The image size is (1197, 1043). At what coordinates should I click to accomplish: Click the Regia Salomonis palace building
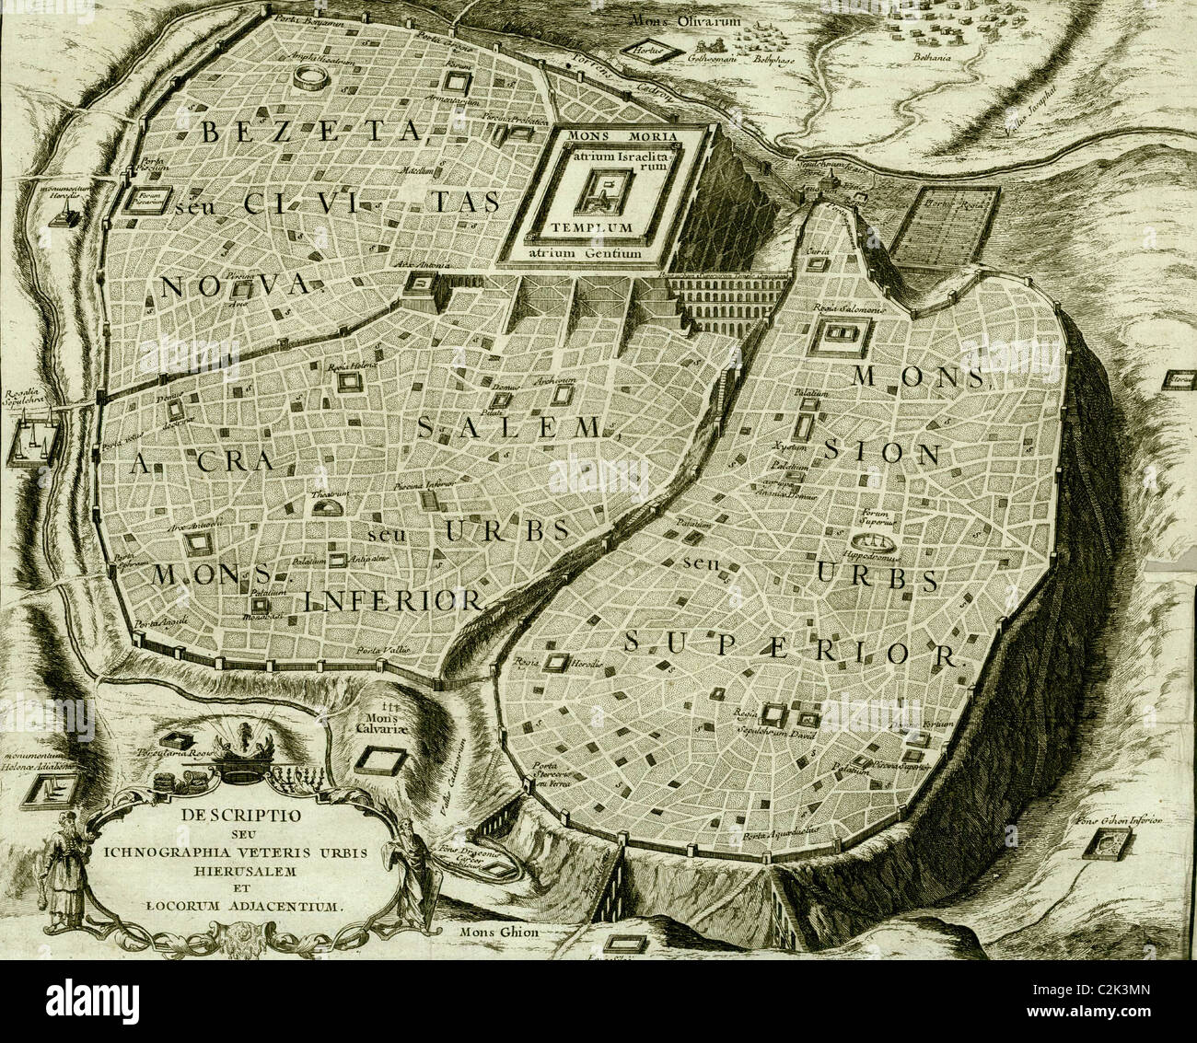coord(839,337)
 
